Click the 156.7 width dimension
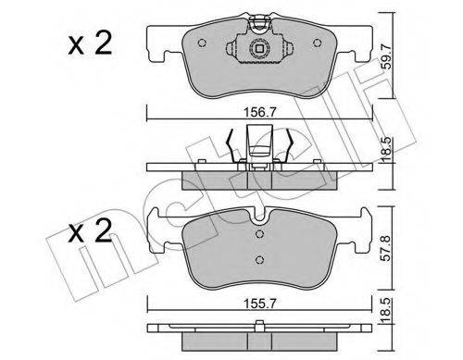[x=259, y=112]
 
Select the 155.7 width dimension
[x=259, y=304]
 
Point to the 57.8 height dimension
[x=387, y=248]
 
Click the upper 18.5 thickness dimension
[x=387, y=150]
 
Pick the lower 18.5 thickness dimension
[x=387, y=311]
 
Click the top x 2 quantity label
[x=90, y=44]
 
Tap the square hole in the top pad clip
[x=259, y=48]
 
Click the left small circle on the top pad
[x=202, y=43]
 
